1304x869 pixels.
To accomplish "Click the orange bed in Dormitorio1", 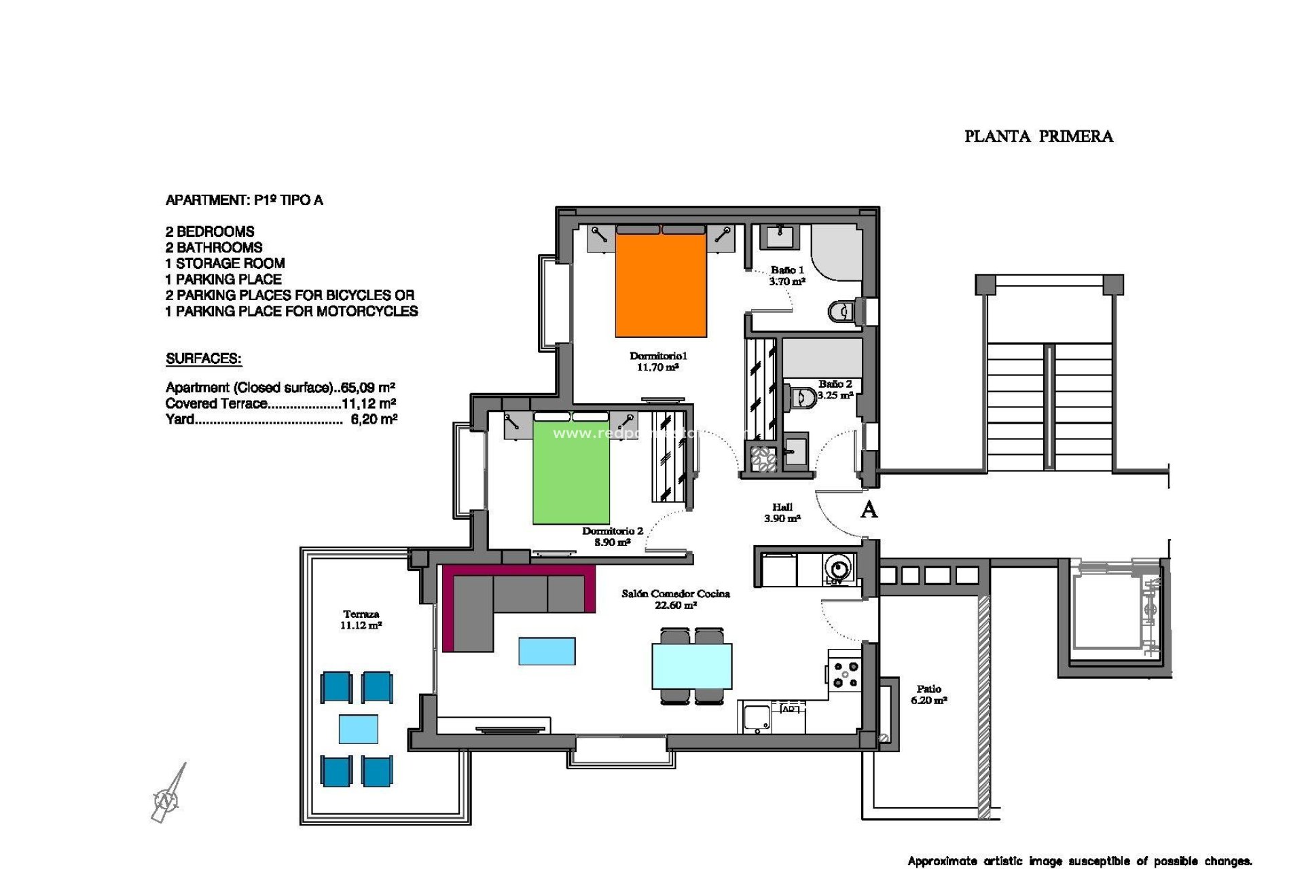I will [x=661, y=285].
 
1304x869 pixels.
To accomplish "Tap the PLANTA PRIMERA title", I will [x=1038, y=136].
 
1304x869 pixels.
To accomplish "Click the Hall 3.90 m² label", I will [x=782, y=513].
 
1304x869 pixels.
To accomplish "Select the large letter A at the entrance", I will [x=869, y=509].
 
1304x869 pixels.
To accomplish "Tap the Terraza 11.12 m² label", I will [x=361, y=619].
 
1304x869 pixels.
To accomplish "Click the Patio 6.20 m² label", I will [x=928, y=694].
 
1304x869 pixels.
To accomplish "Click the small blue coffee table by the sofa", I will [x=547, y=650].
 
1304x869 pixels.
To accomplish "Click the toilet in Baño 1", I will [x=842, y=312].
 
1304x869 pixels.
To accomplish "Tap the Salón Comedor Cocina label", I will [x=676, y=599].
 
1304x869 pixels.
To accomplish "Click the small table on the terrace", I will [x=359, y=729].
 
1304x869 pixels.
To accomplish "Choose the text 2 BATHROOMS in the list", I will [x=214, y=248].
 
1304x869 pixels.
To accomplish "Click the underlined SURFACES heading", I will [x=204, y=359].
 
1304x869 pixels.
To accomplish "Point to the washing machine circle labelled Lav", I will [x=838, y=568].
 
